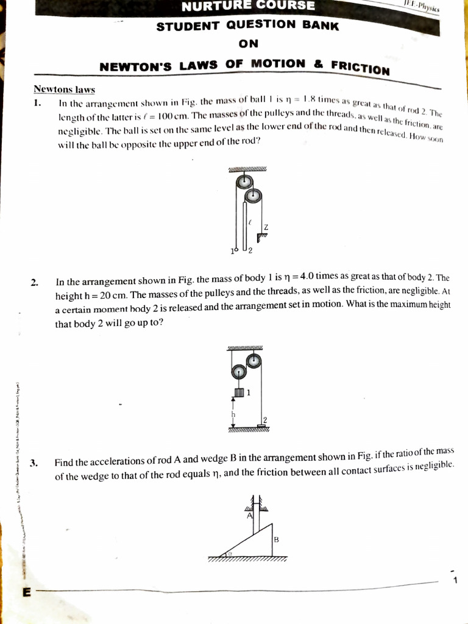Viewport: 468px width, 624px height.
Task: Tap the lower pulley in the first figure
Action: pyautogui.click(x=254, y=196)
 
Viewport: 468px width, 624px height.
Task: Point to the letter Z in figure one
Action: pyautogui.click(x=266, y=227)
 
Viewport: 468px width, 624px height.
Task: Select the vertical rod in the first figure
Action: pyautogui.click(x=245, y=225)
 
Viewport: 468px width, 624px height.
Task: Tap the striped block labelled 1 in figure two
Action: pyautogui.click(x=239, y=392)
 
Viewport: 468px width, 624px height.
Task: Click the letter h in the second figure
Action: pyautogui.click(x=232, y=414)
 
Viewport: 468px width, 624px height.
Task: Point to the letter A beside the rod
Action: pyautogui.click(x=249, y=516)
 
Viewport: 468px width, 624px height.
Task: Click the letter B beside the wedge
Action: pyautogui.click(x=276, y=539)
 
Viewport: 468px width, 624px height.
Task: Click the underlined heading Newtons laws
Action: pyautogui.click(x=64, y=90)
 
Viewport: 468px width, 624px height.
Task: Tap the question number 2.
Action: pyautogui.click(x=35, y=282)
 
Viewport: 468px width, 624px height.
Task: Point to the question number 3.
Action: pyautogui.click(x=35, y=463)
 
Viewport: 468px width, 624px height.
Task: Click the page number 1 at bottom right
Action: pyautogui.click(x=455, y=580)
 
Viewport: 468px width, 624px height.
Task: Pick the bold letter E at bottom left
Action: pyautogui.click(x=26, y=592)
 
